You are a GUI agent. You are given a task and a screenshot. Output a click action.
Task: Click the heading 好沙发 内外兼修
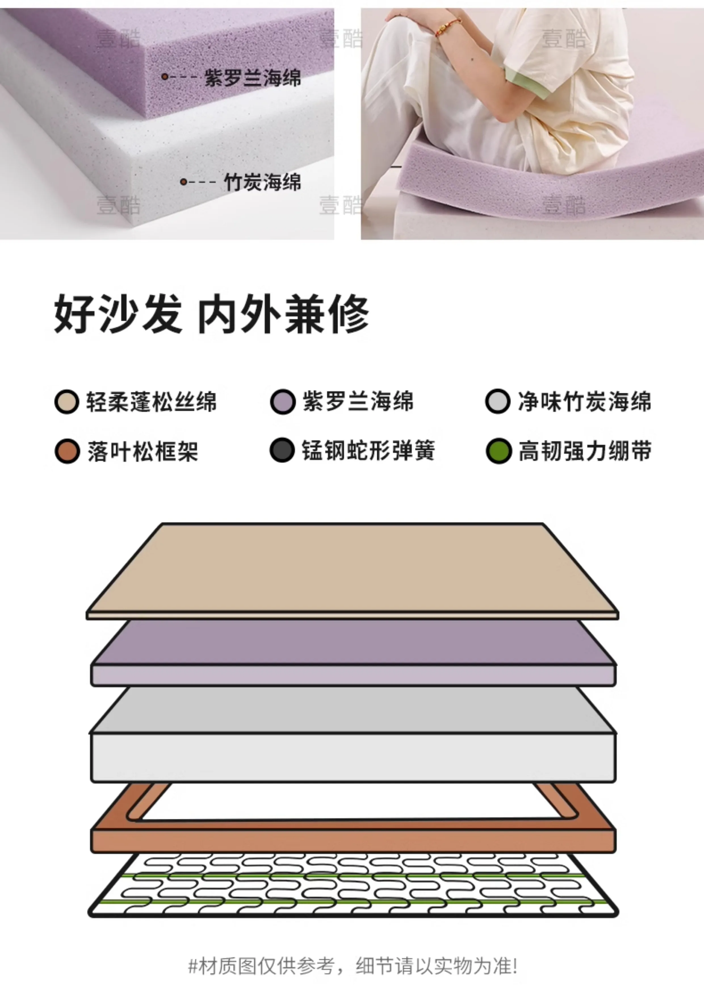[211, 314]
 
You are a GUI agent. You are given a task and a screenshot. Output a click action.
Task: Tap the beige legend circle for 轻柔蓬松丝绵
[67, 402]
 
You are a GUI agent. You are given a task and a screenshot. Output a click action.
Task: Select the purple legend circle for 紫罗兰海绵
[283, 402]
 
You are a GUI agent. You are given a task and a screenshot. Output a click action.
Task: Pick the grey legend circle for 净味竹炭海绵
[498, 402]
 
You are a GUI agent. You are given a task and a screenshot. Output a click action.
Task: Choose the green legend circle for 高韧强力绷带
[498, 451]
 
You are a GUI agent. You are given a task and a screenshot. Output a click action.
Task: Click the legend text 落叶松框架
[143, 451]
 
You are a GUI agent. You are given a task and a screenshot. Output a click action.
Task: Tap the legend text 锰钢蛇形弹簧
[368, 450]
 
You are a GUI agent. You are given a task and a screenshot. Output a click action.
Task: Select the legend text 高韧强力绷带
[585, 451]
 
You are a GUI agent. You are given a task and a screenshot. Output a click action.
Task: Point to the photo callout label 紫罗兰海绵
[253, 78]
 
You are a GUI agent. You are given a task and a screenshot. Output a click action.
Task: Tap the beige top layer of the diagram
[352, 571]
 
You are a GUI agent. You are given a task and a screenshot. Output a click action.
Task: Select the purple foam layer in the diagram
[353, 653]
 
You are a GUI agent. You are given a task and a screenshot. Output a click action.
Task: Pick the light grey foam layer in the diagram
[353, 735]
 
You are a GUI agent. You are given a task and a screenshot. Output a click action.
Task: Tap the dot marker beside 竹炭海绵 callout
[183, 182]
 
